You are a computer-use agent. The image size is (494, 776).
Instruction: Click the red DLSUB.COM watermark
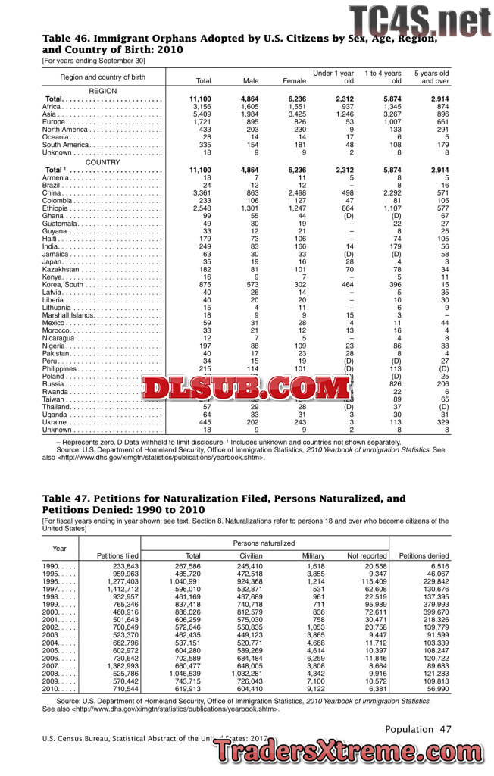(236, 389)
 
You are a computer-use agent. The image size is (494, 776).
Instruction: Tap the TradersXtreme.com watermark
(348, 750)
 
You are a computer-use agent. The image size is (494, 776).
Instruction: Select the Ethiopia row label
(56, 208)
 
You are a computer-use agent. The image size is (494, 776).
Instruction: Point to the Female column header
(294, 80)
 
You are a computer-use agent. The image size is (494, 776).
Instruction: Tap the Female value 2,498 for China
(294, 192)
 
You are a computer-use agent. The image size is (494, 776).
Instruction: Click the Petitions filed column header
(117, 556)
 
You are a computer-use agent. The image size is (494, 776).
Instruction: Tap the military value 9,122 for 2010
(314, 688)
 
